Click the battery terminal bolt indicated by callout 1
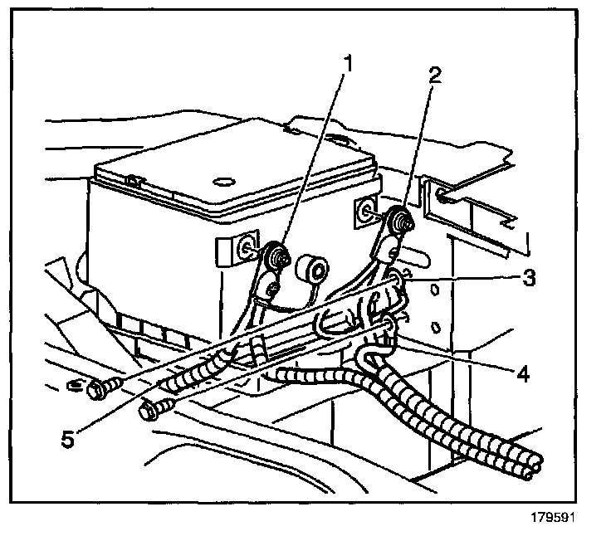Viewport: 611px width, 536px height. coord(276,252)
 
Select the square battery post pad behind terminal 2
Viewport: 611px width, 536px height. coord(365,209)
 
